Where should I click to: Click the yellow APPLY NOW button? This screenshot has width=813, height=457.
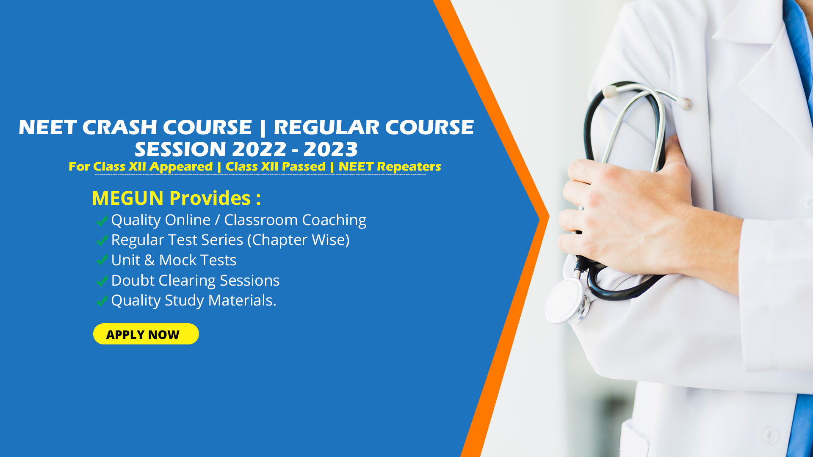146,334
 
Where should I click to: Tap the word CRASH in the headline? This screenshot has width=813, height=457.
119,127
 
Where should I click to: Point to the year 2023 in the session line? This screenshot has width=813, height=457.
331,149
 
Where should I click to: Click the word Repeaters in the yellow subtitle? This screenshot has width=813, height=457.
409,167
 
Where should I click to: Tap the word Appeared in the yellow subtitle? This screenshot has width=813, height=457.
181,167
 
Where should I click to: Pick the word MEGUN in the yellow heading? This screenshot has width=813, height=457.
128,198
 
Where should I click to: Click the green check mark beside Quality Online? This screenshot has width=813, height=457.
102,220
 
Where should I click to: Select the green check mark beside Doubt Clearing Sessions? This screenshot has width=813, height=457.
102,281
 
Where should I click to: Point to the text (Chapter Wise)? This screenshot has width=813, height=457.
299,240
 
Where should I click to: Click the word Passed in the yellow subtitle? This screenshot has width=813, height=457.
304,167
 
